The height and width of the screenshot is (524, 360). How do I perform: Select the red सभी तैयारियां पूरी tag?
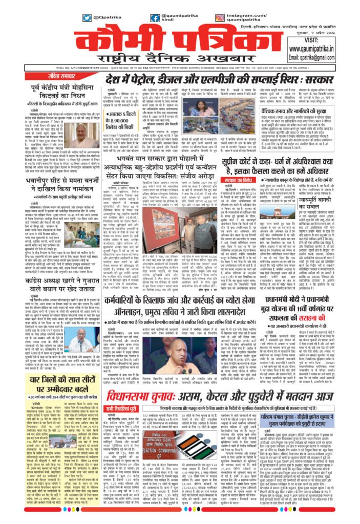click(117, 392)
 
